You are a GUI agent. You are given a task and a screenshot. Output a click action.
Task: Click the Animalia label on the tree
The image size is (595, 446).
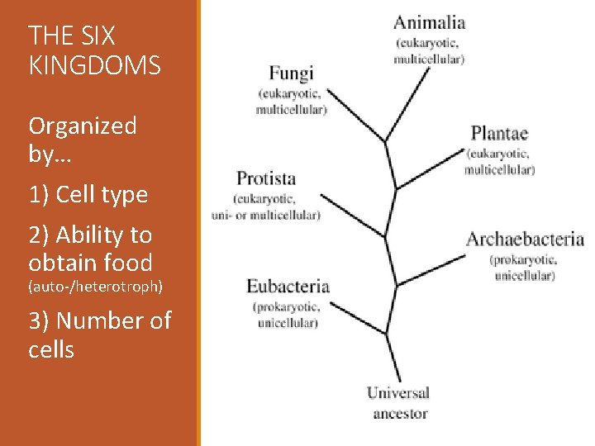coord(429,23)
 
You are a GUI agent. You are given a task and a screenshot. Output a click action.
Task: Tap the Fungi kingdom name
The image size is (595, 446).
coord(291,74)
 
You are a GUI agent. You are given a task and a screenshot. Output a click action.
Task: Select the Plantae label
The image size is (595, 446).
coord(499,133)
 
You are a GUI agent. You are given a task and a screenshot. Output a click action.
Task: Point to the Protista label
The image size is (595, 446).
coord(266,178)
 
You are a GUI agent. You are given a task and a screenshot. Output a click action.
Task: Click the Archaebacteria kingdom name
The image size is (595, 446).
coord(525,240)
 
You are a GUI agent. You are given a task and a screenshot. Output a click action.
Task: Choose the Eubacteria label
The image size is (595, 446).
coord(288,287)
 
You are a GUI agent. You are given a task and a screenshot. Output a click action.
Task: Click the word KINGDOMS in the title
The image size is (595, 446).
coord(94,65)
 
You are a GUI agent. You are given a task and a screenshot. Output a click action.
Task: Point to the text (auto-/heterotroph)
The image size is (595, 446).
coord(96,287)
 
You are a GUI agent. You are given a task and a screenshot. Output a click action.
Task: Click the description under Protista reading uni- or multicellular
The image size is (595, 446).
coord(265,215)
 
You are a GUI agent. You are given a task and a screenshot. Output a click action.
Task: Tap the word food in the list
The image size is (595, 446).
coord(133,263)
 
